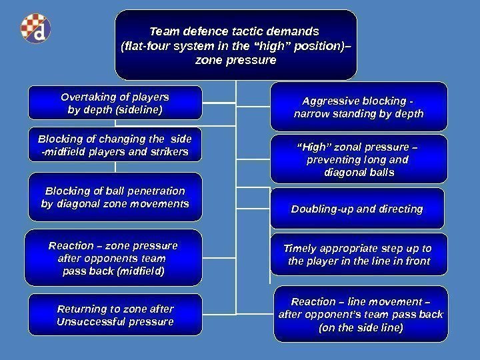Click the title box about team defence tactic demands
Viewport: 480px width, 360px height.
(x=235, y=44)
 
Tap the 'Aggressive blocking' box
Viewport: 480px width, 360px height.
(x=359, y=107)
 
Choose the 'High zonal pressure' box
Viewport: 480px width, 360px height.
(x=359, y=159)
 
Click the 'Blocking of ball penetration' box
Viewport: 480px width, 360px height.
(x=115, y=196)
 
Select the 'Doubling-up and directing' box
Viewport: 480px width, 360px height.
(x=359, y=209)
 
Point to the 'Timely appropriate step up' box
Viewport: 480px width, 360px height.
(x=359, y=254)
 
